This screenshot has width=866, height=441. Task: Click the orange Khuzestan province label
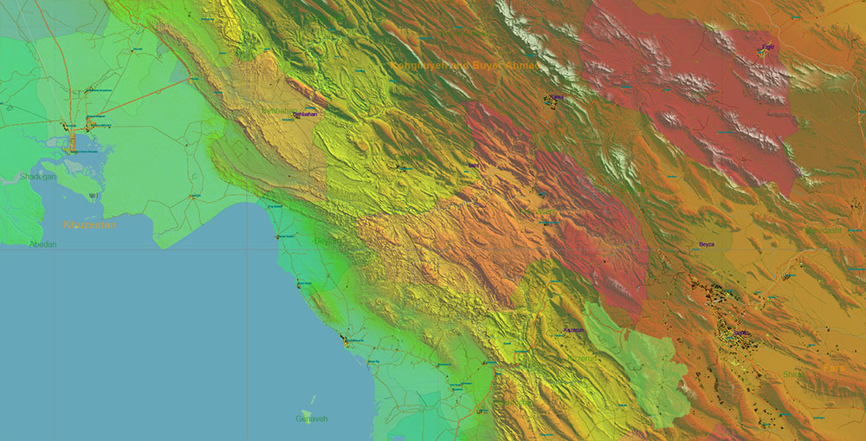pos(89,225)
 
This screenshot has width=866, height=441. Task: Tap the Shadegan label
pos(38,177)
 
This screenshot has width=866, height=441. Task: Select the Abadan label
pos(42,244)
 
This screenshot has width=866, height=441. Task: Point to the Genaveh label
pos(312,419)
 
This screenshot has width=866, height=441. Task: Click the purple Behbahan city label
pos(305,114)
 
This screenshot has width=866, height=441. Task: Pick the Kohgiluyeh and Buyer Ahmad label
pos(465,66)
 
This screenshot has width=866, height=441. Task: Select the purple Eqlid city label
pos(767,46)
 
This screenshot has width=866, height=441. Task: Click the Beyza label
pos(708,244)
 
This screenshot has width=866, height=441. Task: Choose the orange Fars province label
pos(832,368)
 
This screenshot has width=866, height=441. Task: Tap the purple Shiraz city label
pos(741,333)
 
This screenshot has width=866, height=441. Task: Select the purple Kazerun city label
pos(573,330)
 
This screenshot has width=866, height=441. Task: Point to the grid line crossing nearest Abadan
pos(57,250)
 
